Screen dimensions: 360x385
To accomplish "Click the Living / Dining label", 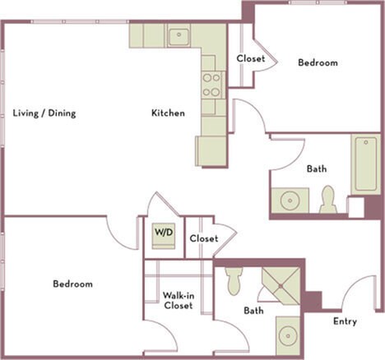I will pos(44,113).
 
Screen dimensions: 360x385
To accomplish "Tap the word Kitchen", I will pos(167,113).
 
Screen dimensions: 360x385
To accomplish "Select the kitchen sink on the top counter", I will pos(179,36).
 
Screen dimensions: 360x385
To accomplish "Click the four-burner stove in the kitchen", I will pos(211,85).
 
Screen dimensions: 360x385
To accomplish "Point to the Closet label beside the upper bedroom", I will pos(250,58).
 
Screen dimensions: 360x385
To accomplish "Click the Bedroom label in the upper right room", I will pos(317,62).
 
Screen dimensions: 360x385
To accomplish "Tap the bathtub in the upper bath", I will pos(365,164).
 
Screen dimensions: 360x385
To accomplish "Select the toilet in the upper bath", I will pos(328,200).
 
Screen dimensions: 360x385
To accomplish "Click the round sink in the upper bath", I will pos(289,201).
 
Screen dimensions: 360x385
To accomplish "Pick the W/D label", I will pos(164,233).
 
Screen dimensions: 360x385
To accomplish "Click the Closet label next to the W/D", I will pos(203,238).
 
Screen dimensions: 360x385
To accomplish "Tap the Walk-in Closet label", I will pos(178,300).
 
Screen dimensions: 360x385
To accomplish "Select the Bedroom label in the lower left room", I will pos(72,284).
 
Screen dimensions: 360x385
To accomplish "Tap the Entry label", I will pos(345,321).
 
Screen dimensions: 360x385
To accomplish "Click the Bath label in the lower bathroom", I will pos(253,311).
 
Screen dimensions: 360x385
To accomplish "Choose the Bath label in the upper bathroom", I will pos(316,168).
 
